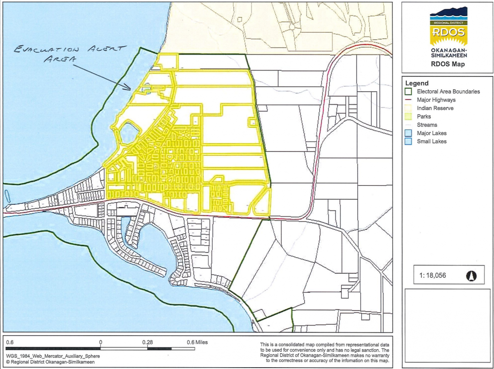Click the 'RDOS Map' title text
(x=448, y=64)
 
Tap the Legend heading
(x=417, y=83)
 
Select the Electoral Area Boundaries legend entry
(x=448, y=92)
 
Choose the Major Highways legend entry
(x=436, y=100)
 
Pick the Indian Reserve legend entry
(x=435, y=108)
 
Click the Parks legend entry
(x=424, y=116)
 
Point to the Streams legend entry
(x=427, y=125)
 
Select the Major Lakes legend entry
(x=432, y=133)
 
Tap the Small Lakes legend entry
(x=432, y=141)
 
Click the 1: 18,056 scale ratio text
(x=432, y=276)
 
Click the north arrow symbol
(x=472, y=276)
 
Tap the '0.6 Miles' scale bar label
(x=197, y=342)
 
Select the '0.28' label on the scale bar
(x=147, y=342)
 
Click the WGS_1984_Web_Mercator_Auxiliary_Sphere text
(x=53, y=355)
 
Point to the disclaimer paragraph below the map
(x=324, y=353)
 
